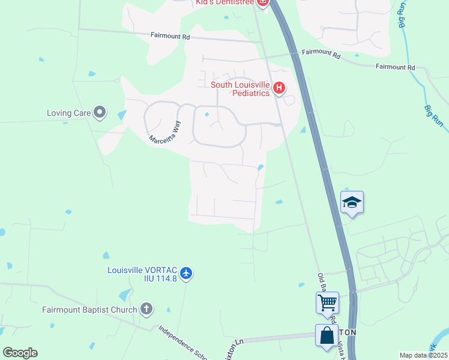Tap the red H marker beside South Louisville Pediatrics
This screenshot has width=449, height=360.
pyautogui.click(x=279, y=89)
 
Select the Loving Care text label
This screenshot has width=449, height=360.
pyautogui.click(x=68, y=112)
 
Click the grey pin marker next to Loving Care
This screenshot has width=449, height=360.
pyautogui.click(x=100, y=112)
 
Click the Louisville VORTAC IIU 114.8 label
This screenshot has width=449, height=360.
pyautogui.click(x=142, y=274)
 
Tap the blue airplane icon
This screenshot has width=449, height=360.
pyautogui.click(x=186, y=274)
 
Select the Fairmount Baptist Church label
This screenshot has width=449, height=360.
pyautogui.click(x=89, y=310)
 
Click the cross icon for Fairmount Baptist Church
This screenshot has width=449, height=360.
pyautogui.click(x=146, y=310)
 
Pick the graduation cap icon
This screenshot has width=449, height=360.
pyautogui.click(x=352, y=203)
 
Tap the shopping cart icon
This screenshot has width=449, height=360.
pyautogui.click(x=327, y=302)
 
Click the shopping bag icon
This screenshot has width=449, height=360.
pyautogui.click(x=327, y=335)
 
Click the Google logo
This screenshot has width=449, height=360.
pyautogui.click(x=20, y=353)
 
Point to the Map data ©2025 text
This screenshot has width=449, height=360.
pyautogui.click(x=423, y=355)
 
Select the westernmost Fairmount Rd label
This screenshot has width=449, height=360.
pyautogui.click(x=170, y=37)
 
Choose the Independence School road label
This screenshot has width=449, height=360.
pyautogui.click(x=182, y=343)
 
